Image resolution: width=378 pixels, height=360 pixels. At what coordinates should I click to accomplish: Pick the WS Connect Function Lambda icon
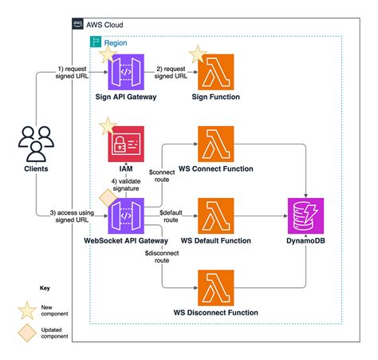pyautogui.click(x=215, y=144)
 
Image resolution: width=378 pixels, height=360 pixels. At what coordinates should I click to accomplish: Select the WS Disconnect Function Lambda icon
pyautogui.click(x=215, y=286)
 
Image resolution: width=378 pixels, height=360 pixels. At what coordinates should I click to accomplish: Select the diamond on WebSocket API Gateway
pyautogui.click(x=104, y=197)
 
